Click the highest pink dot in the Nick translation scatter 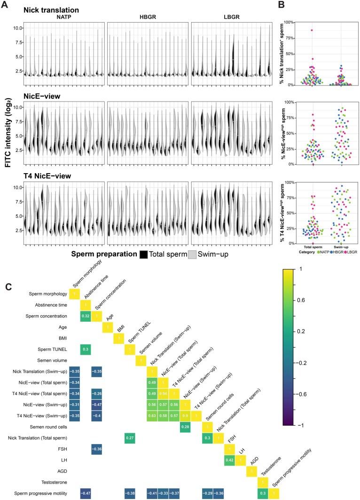(x=311, y=30)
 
